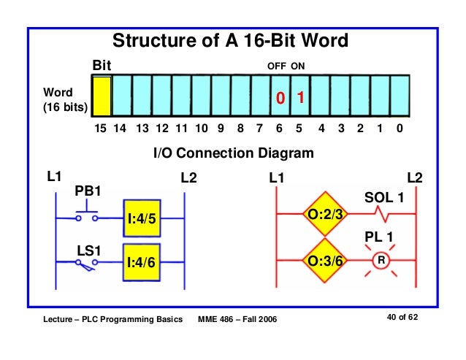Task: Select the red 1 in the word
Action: point(299,98)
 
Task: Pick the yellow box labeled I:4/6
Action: point(142,261)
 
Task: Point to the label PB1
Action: point(88,192)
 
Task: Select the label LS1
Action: point(88,250)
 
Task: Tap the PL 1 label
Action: point(378,237)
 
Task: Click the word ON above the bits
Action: point(298,66)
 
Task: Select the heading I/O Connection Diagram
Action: point(233,154)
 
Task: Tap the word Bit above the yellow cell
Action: point(101,66)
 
